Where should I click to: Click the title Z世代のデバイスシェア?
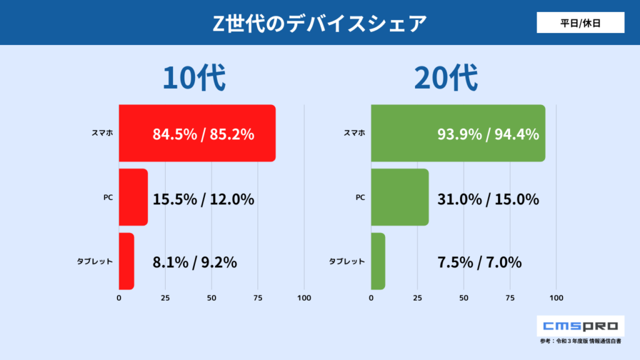319,23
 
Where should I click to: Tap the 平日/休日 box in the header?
580,22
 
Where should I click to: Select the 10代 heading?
194,79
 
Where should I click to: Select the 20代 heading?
446,79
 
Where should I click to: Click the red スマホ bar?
197,133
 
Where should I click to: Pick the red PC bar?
132,197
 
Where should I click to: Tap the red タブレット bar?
126,261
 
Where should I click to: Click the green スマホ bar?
457,133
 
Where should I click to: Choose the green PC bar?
399,197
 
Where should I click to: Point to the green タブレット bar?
378,261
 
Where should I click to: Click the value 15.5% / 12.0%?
203,199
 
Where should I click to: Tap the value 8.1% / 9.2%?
194,262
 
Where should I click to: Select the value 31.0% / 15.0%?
488,199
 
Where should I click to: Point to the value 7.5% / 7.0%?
479,262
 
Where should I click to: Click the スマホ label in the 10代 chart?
102,133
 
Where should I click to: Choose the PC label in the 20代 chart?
360,197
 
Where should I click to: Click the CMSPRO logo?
581,326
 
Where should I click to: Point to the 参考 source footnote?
581,341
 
